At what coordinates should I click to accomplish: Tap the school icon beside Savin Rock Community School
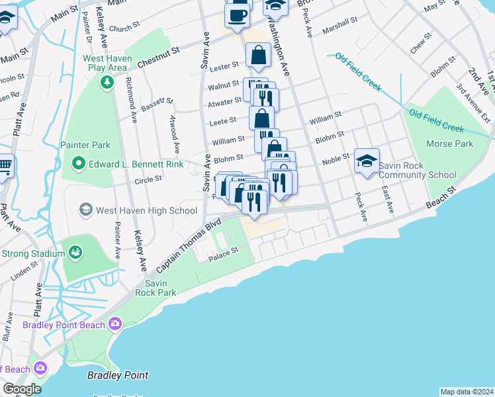pos(367,161)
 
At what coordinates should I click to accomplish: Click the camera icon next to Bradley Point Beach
pos(116,324)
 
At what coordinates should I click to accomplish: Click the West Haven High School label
pos(146,210)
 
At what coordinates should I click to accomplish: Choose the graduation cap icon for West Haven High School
pos(85,210)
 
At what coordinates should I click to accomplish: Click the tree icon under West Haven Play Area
pos(105,81)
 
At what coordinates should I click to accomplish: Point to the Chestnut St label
pos(158,59)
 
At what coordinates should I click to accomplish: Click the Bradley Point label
pos(118,375)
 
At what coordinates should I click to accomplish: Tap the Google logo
pos(21,389)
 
